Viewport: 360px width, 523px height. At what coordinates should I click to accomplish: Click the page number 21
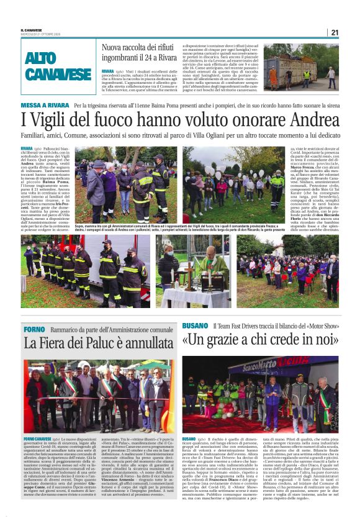pyautogui.click(x=335, y=32)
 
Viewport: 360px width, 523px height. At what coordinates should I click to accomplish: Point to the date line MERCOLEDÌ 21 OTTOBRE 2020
pyautogui.click(x=41, y=34)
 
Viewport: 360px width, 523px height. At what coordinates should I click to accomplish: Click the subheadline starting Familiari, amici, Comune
pyautogui.click(x=180, y=134)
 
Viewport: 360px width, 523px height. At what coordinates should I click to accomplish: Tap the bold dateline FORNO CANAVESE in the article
pyautogui.click(x=38, y=438)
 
